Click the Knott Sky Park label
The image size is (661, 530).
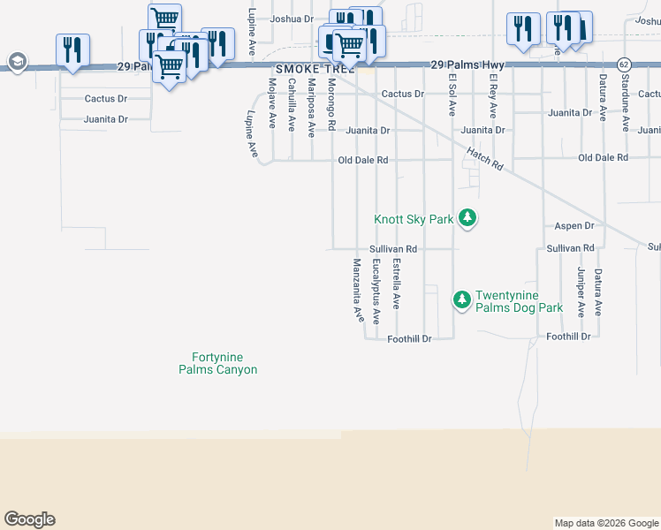pos(414,219)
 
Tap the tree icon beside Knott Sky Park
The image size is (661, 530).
pos(468,218)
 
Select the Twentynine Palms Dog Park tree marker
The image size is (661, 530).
pos(461,300)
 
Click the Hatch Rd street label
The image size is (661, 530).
pos(484,159)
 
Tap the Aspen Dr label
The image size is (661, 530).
pos(574,226)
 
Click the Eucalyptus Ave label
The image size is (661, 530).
pos(376,291)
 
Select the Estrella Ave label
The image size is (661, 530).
pos(397,283)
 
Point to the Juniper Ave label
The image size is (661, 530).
pos(581,291)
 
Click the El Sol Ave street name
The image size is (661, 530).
pos(452,95)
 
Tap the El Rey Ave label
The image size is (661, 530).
pos(493,97)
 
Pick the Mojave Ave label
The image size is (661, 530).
pos(271,103)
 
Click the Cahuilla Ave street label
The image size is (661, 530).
pos(292,104)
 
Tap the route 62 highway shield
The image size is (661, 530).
pos(624,64)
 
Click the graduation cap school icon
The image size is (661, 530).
pos(16,62)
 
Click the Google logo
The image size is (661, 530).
pos(29,519)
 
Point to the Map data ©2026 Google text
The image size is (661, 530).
pos(605,523)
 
